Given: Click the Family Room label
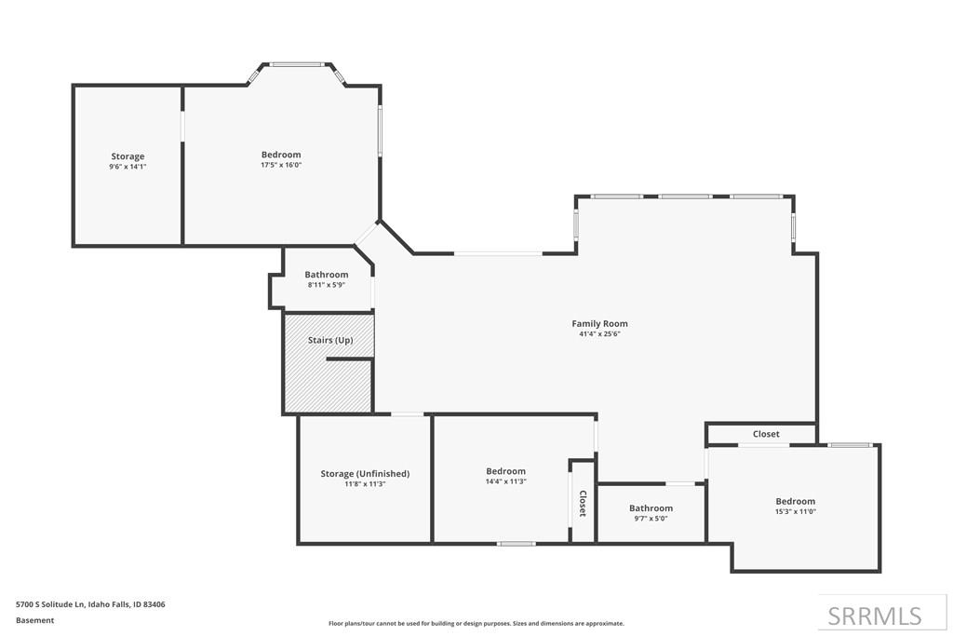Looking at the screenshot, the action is pyautogui.click(x=599, y=323).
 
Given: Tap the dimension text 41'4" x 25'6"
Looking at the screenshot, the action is pyautogui.click(x=599, y=333).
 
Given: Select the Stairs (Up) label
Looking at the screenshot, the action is pyautogui.click(x=330, y=340).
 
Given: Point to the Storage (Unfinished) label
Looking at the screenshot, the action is pyautogui.click(x=365, y=474).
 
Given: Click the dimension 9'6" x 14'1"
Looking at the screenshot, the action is pyautogui.click(x=128, y=166).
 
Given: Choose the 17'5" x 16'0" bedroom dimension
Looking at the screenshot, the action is pyautogui.click(x=281, y=165).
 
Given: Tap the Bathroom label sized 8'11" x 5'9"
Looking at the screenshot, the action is pyautogui.click(x=327, y=274).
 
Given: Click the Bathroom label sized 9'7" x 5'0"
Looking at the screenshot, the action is pyautogui.click(x=651, y=507).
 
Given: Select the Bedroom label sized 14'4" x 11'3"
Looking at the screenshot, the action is pyautogui.click(x=505, y=470).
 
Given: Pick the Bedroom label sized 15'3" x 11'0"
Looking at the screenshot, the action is pyautogui.click(x=795, y=501).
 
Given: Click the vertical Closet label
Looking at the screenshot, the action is pyautogui.click(x=583, y=504).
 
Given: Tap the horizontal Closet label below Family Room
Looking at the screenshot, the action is pyautogui.click(x=766, y=434).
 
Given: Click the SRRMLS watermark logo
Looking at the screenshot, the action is pyautogui.click(x=875, y=616).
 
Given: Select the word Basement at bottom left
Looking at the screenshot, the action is pyautogui.click(x=34, y=620).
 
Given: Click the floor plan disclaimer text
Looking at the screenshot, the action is pyautogui.click(x=476, y=623).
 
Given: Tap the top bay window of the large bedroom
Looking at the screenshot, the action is pyautogui.click(x=297, y=64).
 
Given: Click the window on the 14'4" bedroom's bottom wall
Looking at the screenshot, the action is pyautogui.click(x=516, y=544).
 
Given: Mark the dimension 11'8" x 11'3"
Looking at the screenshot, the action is pyautogui.click(x=365, y=484).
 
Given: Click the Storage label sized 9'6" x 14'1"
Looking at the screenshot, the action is pyautogui.click(x=128, y=156).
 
